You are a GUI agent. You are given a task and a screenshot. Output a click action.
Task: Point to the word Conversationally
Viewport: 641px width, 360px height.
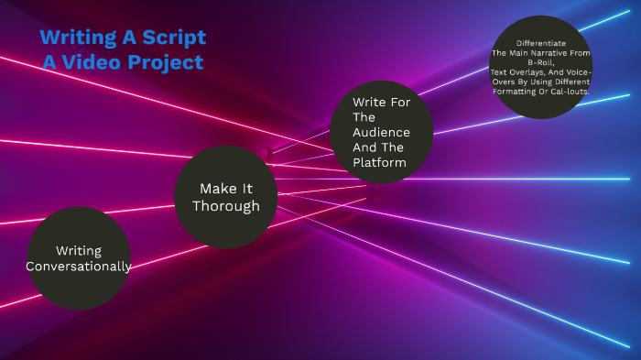[x=79, y=267]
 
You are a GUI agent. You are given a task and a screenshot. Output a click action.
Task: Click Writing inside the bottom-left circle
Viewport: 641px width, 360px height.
[x=79, y=250]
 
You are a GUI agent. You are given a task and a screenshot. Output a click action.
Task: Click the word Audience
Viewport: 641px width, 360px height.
[x=368, y=133]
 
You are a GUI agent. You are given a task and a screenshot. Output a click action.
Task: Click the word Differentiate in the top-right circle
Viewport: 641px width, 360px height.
[x=540, y=43]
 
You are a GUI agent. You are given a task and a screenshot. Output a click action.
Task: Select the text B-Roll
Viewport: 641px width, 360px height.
[x=540, y=62]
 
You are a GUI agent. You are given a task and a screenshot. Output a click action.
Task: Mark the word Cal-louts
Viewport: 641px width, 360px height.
[x=570, y=92]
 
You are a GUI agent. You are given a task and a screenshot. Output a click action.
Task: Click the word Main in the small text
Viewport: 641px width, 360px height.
[x=519, y=53]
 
